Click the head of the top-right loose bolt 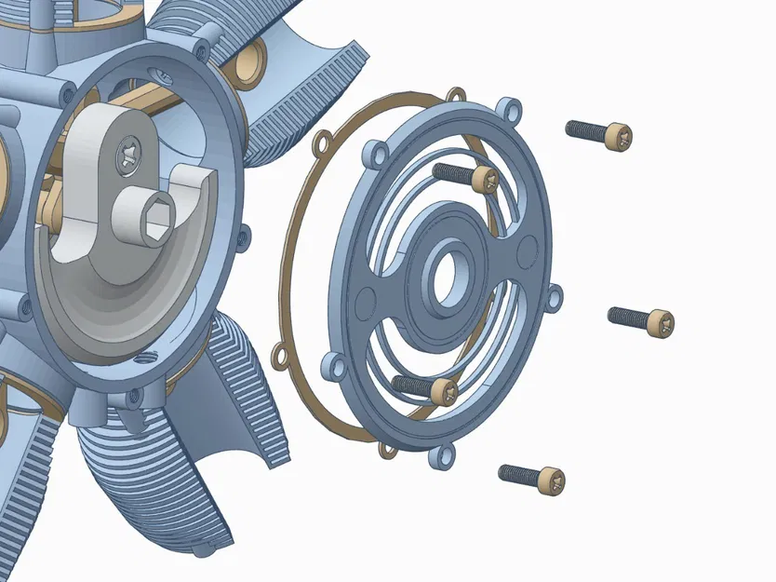[x=618, y=137]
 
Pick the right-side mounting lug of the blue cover [x=555, y=297]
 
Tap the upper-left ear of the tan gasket [x=321, y=143]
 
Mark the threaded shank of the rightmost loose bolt [x=628, y=318]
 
